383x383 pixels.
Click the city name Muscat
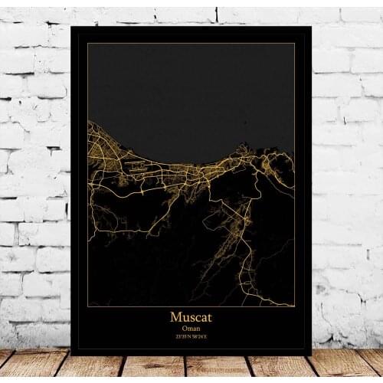(191, 316)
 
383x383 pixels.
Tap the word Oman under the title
(191, 327)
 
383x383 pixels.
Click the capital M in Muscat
(175, 316)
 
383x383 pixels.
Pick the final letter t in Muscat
(210, 316)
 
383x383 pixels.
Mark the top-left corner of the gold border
(87, 44)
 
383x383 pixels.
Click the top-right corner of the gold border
(295, 44)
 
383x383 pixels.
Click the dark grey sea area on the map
(191, 92)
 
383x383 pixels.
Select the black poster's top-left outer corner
(71, 27)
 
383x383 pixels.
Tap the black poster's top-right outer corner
(311, 27)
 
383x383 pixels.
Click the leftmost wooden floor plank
(23, 366)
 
